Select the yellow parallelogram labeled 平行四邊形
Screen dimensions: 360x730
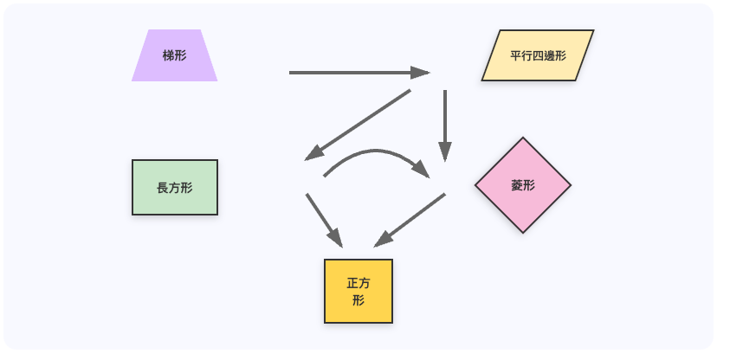(x=538, y=55)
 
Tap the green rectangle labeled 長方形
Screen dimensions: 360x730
(x=175, y=187)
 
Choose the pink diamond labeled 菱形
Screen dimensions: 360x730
(x=523, y=185)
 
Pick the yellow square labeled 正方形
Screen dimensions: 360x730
(x=359, y=291)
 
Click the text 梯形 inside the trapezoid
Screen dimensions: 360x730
(x=174, y=55)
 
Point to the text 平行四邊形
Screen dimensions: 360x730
(x=538, y=55)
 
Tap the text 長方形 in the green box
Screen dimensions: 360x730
(x=175, y=187)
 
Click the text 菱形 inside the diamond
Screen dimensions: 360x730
(x=523, y=185)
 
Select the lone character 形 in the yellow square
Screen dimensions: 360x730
(x=359, y=300)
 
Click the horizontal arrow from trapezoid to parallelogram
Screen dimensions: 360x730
(x=355, y=73)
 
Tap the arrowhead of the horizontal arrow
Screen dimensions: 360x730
(x=422, y=73)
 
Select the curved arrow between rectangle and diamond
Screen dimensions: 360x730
(x=372, y=152)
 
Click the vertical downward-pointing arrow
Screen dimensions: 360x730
(x=445, y=121)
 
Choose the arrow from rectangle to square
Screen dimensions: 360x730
(x=323, y=219)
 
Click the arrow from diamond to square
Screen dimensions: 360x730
(x=410, y=220)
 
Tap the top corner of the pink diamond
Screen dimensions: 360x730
(x=523, y=138)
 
